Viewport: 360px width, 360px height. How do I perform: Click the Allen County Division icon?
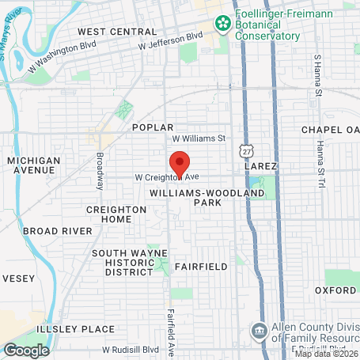click(x=259, y=331)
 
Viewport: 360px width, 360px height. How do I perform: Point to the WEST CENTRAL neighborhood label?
click(x=117, y=32)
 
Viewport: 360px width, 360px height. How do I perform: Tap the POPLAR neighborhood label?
click(x=152, y=127)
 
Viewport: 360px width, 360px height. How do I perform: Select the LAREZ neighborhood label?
click(x=261, y=167)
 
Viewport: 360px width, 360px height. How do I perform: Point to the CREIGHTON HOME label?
click(x=117, y=214)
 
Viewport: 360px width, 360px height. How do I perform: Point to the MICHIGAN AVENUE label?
click(x=33, y=165)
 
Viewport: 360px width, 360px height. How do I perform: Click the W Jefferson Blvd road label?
click(x=170, y=41)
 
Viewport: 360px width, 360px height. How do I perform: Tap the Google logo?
click(x=26, y=350)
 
